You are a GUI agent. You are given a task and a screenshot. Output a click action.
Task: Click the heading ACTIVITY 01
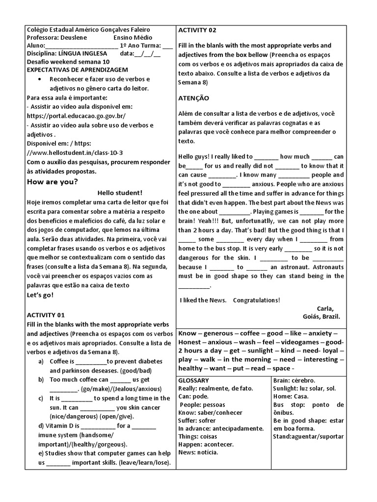[x=46, y=315]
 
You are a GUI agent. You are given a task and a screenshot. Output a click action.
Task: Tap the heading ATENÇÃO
[x=193, y=98]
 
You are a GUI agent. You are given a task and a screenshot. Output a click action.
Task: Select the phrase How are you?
[x=52, y=182]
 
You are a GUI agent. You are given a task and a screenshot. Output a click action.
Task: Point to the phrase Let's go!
[x=40, y=295]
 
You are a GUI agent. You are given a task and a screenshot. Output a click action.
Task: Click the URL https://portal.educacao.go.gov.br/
[x=76, y=116]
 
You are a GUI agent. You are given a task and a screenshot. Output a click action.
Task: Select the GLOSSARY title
[x=193, y=380]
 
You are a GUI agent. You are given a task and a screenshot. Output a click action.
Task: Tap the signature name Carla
[x=325, y=308]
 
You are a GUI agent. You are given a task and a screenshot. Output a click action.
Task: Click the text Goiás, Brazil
[x=322, y=316]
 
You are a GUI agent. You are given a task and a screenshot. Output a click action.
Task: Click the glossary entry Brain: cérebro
[x=294, y=380]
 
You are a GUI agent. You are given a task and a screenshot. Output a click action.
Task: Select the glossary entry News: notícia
[x=198, y=452]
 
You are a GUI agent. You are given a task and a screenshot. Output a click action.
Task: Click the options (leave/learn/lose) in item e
[x=142, y=463]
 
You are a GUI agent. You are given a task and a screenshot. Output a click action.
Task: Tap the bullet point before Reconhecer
[x=39, y=79]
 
